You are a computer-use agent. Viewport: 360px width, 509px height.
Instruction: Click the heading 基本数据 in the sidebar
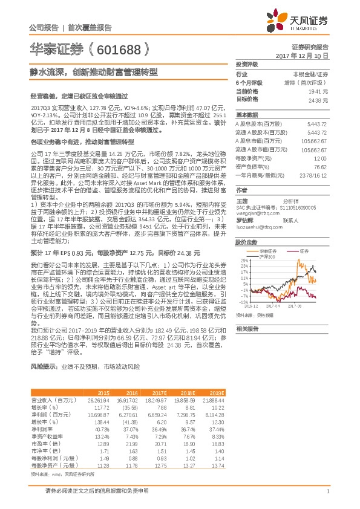click(246, 114)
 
